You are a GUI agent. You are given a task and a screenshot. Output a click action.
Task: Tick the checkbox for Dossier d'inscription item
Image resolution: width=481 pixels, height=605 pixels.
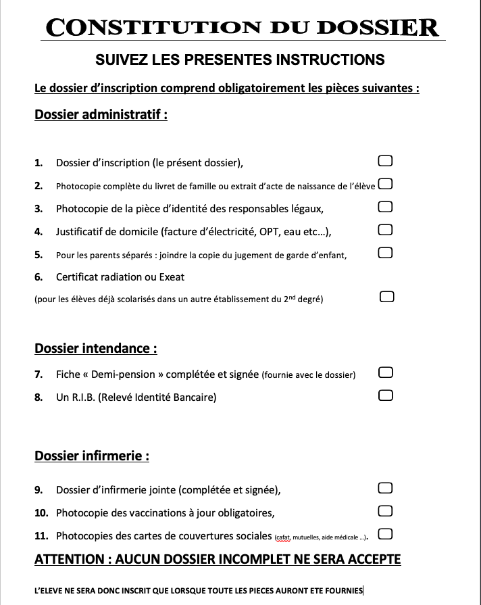(x=385, y=161)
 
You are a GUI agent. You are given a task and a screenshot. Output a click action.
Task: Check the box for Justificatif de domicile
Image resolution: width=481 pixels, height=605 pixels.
(x=385, y=230)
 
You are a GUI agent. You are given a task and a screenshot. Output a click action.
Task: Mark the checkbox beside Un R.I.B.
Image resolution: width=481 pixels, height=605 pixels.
(x=385, y=395)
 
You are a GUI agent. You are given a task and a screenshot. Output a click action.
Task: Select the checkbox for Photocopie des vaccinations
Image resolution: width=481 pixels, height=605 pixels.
(x=385, y=510)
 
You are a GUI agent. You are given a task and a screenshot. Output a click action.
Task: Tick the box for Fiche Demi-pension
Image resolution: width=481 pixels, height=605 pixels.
(x=385, y=372)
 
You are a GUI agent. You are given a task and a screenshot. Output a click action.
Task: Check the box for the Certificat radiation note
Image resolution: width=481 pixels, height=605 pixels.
(x=386, y=297)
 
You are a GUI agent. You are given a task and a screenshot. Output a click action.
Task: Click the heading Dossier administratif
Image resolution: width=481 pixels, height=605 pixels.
(x=101, y=114)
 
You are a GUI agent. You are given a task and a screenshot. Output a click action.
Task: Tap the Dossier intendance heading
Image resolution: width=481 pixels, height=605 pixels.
(x=95, y=348)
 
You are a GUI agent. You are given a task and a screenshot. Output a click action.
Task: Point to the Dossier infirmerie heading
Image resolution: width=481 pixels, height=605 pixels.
(x=91, y=456)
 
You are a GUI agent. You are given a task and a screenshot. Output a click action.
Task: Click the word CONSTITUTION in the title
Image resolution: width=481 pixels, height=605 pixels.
(x=152, y=28)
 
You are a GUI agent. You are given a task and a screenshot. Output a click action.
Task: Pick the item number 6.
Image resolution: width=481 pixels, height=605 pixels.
(x=39, y=277)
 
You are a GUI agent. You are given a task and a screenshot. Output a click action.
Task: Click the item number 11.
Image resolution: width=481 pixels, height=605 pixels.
(x=41, y=536)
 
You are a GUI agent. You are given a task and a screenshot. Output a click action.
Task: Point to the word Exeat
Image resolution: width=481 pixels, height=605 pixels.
(x=172, y=277)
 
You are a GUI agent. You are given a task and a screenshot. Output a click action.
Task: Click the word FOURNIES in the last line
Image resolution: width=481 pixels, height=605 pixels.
(x=342, y=590)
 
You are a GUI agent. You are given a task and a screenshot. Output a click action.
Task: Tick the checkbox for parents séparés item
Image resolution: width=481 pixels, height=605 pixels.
(x=385, y=253)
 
